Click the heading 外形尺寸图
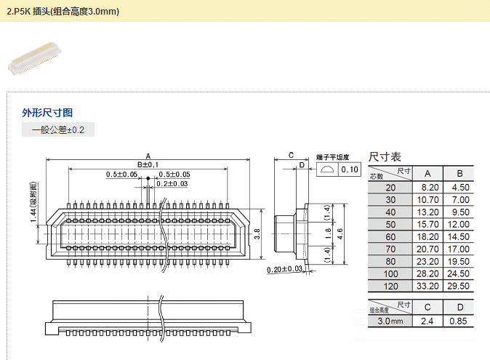tap(47, 113)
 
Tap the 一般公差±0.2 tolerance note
tap(58, 130)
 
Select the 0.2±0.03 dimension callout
tap(172, 184)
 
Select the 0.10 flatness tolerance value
tap(350, 169)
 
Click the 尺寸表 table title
tap(385, 156)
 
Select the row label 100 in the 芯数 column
tap(391, 273)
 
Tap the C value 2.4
tap(427, 321)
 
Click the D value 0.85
tap(459, 321)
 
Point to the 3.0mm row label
tap(390, 321)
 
